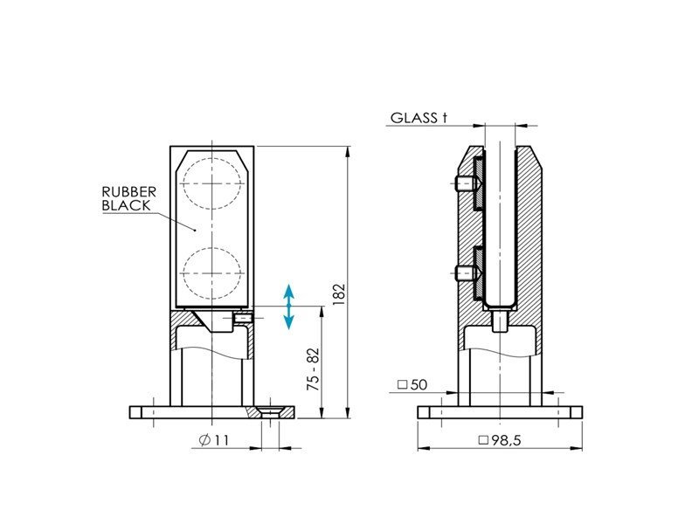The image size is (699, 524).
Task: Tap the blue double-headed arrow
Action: pyautogui.click(x=289, y=306)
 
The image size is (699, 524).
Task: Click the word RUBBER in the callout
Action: pyautogui.click(x=128, y=192)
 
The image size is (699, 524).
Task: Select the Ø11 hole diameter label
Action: pyautogui.click(x=214, y=440)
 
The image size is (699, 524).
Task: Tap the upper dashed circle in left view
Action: pyautogui.click(x=211, y=183)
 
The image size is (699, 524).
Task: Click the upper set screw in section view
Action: pyautogui.click(x=466, y=184)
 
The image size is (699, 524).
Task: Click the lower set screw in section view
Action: pyautogui.click(x=466, y=274)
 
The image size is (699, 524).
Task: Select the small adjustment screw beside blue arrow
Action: pyautogui.click(x=243, y=320)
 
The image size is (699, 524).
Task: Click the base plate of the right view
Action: pyautogui.click(x=500, y=412)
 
